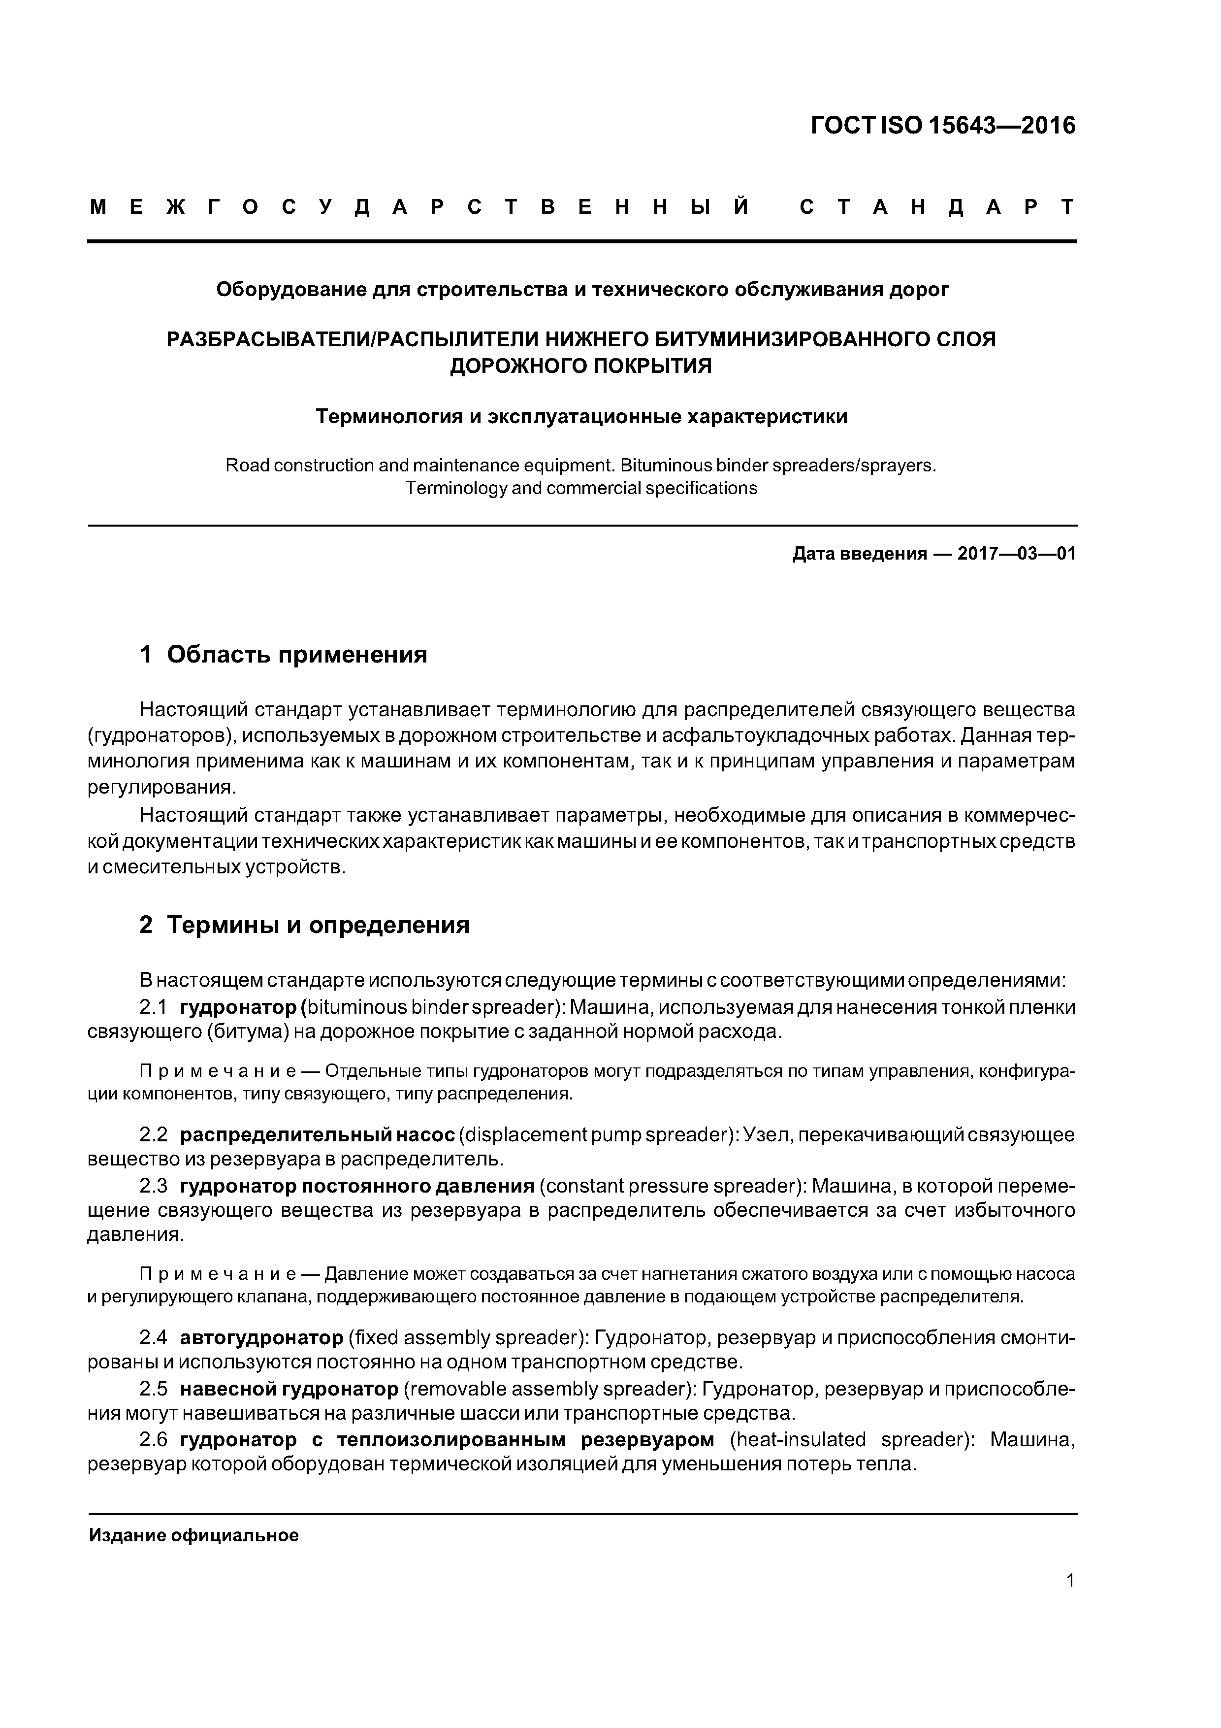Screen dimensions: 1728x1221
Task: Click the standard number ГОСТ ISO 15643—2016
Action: click(x=943, y=125)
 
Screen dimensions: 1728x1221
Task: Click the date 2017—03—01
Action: click(x=1016, y=554)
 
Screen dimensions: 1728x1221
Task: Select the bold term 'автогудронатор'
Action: click(x=261, y=1337)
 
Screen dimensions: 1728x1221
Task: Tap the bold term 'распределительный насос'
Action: click(x=318, y=1134)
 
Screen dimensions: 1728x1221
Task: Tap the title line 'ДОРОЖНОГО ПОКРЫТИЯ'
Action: click(x=580, y=366)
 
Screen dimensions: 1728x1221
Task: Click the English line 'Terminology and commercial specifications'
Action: click(x=581, y=488)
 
